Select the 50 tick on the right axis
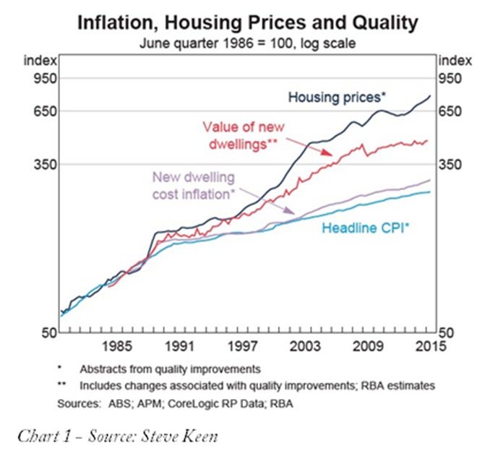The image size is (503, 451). pyautogui.click(x=448, y=333)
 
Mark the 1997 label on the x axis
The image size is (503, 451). pyautogui.click(x=244, y=345)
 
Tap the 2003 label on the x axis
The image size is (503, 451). pyautogui.click(x=306, y=345)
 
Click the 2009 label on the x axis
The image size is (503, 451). pyautogui.click(x=368, y=345)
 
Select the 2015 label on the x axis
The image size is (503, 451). pyautogui.click(x=429, y=345)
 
